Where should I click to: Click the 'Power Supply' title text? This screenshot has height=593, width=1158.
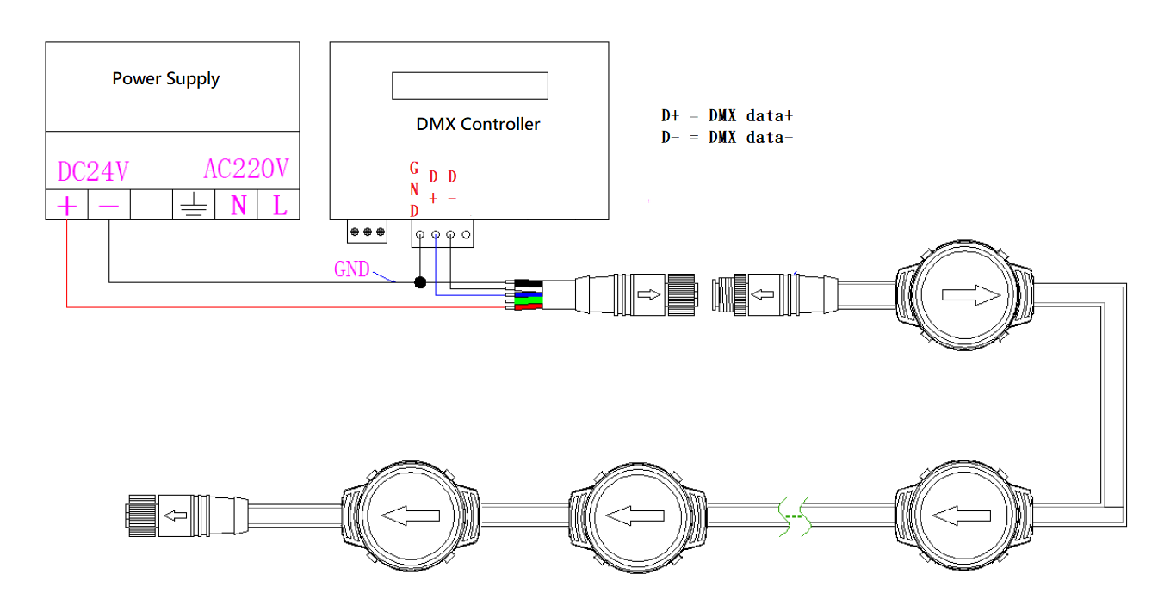coord(165,79)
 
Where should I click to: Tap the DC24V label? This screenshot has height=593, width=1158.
coord(92,170)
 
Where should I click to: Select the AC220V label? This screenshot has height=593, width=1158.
coord(246,169)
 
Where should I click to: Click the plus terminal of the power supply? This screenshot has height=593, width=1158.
coord(66,206)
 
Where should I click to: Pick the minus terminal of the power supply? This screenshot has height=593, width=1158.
coord(108,206)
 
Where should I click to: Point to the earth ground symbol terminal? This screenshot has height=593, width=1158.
coord(194,207)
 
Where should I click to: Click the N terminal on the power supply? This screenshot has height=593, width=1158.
coord(238,206)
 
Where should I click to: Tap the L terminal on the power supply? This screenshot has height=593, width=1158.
coord(279,206)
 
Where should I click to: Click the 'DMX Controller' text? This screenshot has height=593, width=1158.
coord(478,124)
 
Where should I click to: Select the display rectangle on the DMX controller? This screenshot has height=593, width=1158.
coord(470,85)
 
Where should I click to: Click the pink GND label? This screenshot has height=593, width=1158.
coord(351,269)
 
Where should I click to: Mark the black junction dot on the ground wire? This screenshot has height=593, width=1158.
coord(420,281)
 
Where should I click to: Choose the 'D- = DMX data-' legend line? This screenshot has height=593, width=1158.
coord(721,136)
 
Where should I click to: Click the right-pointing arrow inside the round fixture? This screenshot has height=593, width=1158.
coord(971,295)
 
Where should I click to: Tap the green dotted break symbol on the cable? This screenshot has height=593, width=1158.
coord(793,517)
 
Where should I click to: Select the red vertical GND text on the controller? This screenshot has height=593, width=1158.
coord(414,189)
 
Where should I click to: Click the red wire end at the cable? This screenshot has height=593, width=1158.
coord(529,306)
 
